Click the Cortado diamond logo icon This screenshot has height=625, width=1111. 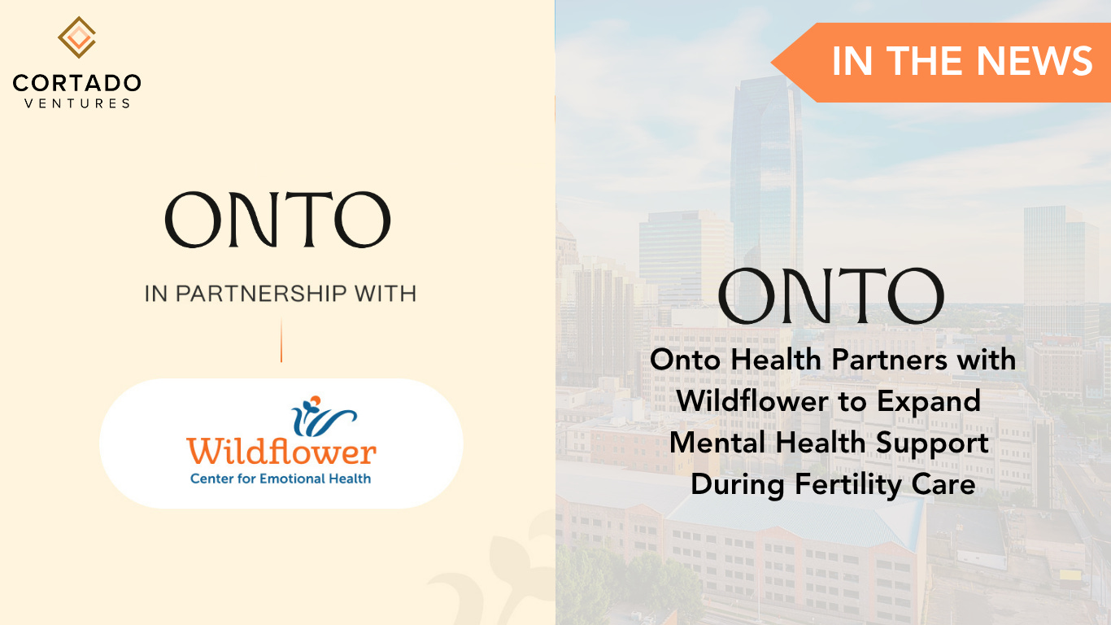pos(77,37)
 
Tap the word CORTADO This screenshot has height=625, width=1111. pos(77,83)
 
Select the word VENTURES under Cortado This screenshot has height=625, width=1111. pos(77,103)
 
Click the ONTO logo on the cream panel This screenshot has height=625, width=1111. pos(278,220)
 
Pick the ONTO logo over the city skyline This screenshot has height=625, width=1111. pos(831,296)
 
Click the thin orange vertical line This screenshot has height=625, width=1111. pos(281,340)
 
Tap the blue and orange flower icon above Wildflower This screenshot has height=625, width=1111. pos(324,416)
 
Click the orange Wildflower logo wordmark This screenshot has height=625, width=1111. pos(281,451)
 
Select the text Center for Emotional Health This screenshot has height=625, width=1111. pos(281,479)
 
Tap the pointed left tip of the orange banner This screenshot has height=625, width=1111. pos(772,63)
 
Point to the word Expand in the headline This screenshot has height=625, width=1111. pos(929,402)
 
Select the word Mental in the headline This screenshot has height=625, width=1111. pos(717,443)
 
